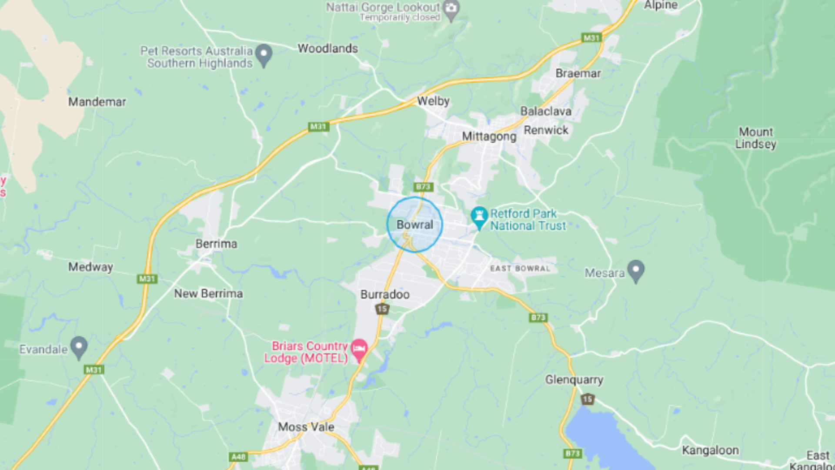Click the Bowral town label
click(x=414, y=225)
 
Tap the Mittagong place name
click(x=489, y=136)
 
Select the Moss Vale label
click(x=306, y=426)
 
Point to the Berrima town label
click(x=216, y=244)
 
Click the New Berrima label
click(x=208, y=294)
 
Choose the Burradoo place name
click(x=385, y=295)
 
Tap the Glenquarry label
click(x=574, y=379)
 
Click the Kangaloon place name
click(x=710, y=450)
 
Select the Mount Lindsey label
click(x=756, y=138)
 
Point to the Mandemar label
click(x=97, y=102)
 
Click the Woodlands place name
click(x=327, y=48)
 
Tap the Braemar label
click(x=578, y=73)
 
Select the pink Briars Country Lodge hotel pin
click(x=359, y=349)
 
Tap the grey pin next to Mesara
click(x=636, y=271)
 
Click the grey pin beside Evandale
click(x=79, y=347)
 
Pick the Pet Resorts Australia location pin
click(x=264, y=55)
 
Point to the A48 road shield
click(x=238, y=457)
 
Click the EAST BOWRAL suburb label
click(x=520, y=269)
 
